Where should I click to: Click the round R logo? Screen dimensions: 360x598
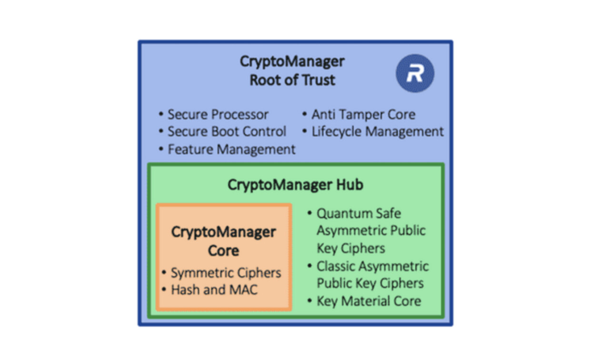[415, 73]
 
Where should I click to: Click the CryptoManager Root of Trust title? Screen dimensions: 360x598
[292, 70]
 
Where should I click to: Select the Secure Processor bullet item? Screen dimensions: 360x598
[218, 115]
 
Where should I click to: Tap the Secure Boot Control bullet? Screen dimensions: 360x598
[227, 131]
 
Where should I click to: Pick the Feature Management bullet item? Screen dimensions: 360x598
[231, 149]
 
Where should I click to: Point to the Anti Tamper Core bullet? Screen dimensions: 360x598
[363, 114]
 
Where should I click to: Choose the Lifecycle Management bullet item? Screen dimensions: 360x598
[378, 131]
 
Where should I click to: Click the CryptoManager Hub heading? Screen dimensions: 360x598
[295, 184]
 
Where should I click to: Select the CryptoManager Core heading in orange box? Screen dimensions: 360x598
[223, 241]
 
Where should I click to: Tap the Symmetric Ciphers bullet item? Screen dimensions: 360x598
[226, 273]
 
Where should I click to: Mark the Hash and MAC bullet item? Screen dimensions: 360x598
[214, 290]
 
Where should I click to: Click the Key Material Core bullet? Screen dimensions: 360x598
[369, 300]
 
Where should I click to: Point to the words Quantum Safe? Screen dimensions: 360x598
[359, 213]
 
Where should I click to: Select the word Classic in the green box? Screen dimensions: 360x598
[338, 266]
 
